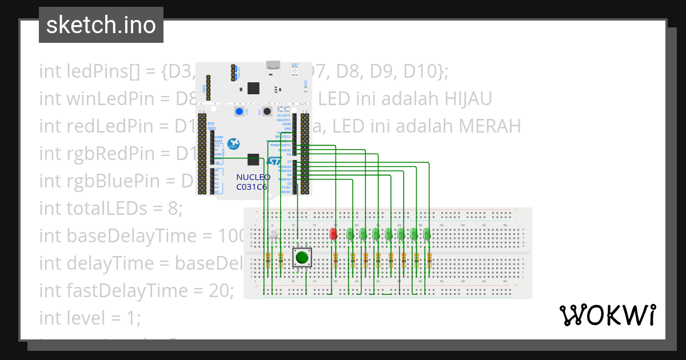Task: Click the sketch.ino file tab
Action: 101,25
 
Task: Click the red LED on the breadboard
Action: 334,233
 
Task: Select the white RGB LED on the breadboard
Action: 274,234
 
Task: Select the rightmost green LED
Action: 426,234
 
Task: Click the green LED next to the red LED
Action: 350,234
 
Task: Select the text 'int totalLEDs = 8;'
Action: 110,209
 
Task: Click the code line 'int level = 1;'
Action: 89,317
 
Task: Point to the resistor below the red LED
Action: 334,261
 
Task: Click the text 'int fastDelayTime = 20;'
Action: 136,290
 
